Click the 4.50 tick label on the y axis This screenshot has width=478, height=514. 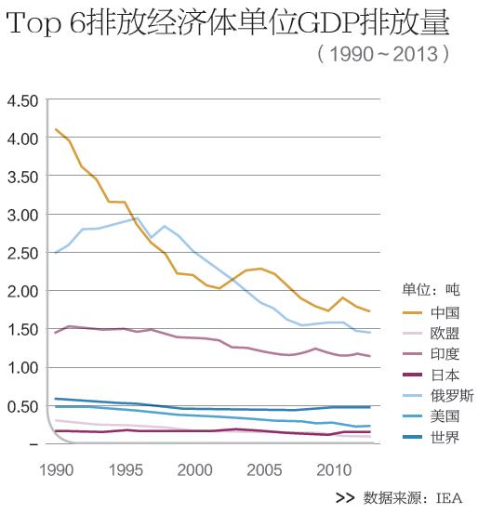tap(22, 101)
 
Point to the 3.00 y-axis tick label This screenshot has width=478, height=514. tap(22, 216)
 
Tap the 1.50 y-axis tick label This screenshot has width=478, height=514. tap(22, 330)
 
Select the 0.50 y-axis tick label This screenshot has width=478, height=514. tap(22, 407)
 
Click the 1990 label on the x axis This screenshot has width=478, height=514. tap(56, 470)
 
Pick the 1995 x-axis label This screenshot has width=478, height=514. tap(126, 470)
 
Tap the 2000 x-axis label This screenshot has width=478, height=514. tap(195, 470)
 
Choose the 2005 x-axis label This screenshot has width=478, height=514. tap(264, 470)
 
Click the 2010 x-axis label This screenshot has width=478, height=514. tap(334, 470)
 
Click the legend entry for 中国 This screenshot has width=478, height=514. tap(431, 312)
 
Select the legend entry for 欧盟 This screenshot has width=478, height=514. tap(431, 334)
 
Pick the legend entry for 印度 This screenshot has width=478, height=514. tap(431, 354)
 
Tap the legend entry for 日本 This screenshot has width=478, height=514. tap(431, 375)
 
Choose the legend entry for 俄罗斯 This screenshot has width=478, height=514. tap(438, 396)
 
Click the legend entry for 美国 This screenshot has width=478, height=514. tap(431, 416)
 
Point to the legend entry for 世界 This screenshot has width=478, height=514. tap(431, 437)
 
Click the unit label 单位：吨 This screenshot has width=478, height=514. tap(432, 290)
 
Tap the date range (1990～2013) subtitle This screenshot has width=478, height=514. tap(383, 54)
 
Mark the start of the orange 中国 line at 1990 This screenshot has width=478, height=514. tap(56, 129)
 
